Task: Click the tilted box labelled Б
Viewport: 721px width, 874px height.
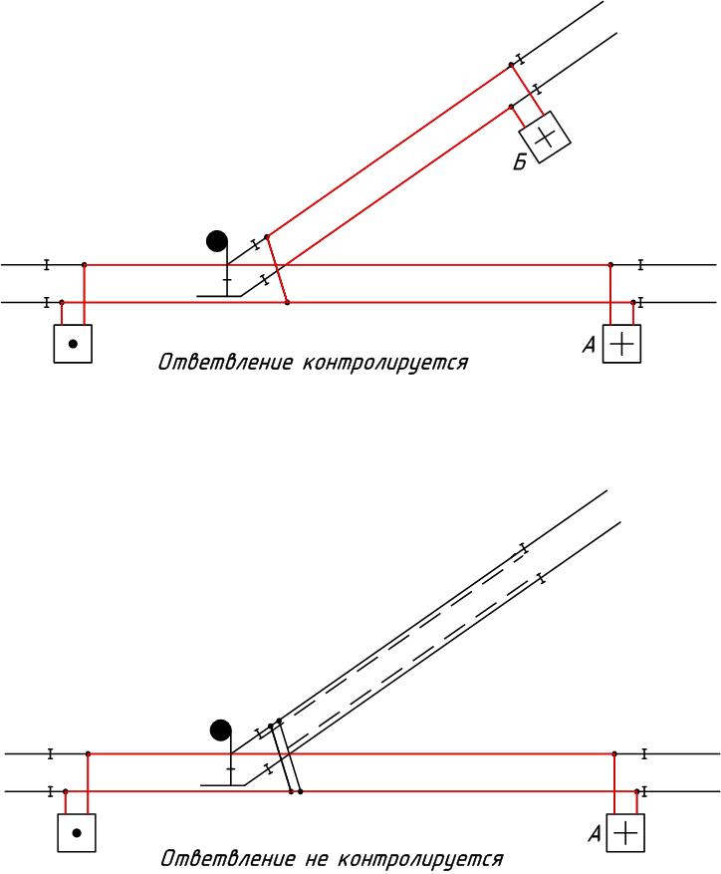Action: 544,138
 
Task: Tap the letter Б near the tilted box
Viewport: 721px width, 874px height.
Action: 520,163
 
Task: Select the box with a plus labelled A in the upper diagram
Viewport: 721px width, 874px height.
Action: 622,345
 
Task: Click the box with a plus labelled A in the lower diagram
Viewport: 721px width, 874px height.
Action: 625,833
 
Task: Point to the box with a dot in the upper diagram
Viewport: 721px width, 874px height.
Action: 73,344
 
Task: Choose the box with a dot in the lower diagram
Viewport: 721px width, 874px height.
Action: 77,832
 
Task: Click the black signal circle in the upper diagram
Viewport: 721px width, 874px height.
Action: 217,241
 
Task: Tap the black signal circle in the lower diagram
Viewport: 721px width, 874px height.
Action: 221,730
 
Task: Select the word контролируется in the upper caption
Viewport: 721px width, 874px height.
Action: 385,364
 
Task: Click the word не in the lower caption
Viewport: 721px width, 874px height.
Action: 312,859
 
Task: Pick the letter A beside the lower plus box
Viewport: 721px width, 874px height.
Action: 595,835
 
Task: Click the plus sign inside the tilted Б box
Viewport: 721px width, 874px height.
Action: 544,138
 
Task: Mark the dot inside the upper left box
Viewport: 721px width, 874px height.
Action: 73,344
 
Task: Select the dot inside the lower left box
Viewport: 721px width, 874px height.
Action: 77,832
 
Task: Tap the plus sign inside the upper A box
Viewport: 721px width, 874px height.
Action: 622,345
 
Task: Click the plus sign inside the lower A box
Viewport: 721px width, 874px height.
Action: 625,833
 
